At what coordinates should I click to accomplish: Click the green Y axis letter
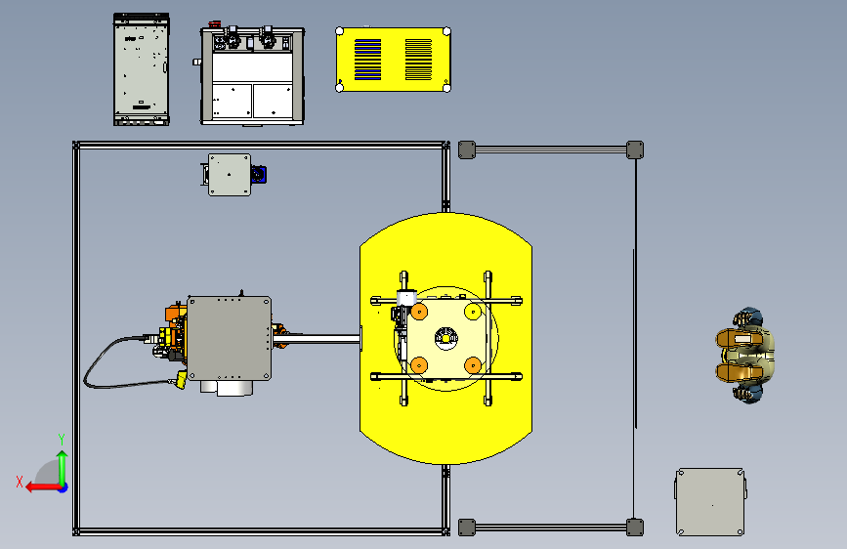click(62, 440)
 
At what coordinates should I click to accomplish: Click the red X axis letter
click(20, 482)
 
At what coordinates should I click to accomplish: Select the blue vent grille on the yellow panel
click(368, 60)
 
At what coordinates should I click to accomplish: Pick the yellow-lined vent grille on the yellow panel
click(419, 60)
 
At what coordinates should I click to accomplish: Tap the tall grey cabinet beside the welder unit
click(142, 69)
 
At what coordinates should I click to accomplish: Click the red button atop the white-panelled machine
click(215, 24)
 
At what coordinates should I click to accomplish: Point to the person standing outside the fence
click(745, 356)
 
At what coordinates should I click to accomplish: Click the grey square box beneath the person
click(710, 502)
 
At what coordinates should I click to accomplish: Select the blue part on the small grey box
click(259, 175)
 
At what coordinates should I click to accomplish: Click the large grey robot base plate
click(229, 338)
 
